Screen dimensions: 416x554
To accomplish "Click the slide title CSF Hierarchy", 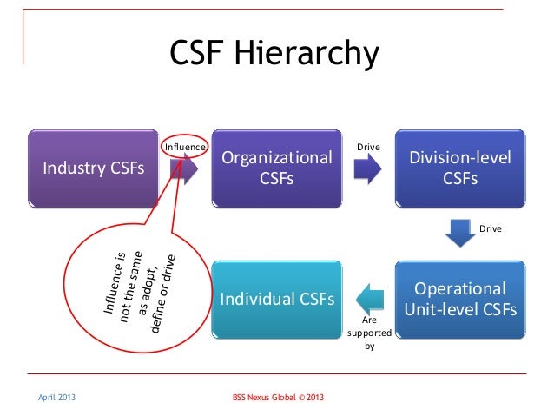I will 274,54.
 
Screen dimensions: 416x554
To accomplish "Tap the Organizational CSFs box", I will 277,168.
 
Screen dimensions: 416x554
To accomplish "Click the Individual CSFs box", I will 277,299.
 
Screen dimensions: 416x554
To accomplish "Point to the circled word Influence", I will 185,147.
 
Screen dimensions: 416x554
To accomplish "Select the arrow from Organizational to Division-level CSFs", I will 368,169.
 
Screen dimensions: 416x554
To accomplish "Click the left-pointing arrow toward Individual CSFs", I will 369,298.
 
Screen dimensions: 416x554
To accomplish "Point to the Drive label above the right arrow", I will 368,147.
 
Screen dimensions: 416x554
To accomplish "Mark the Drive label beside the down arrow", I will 491,228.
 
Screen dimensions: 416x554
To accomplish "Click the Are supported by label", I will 369,332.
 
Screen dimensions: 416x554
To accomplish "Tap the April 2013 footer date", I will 55,398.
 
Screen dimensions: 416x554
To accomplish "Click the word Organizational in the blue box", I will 277,158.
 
